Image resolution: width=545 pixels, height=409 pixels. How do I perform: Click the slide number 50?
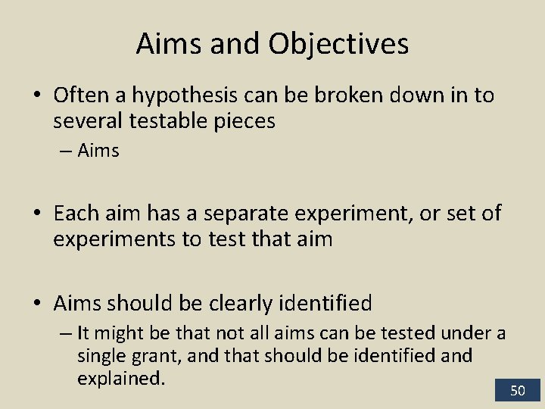pyautogui.click(x=518, y=391)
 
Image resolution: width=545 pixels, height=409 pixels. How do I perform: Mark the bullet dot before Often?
pyautogui.click(x=39, y=97)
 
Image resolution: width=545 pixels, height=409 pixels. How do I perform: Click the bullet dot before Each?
pyautogui.click(x=39, y=214)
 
